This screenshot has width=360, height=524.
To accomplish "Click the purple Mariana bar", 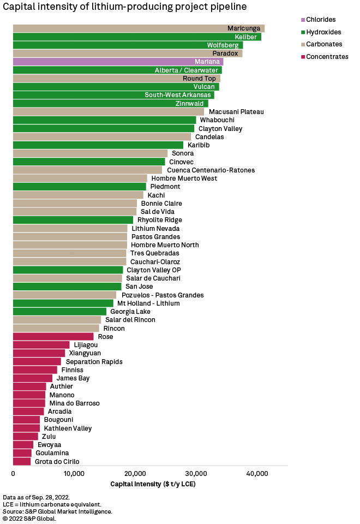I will tap(118, 62).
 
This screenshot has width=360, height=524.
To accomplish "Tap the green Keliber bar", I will tap(136, 37).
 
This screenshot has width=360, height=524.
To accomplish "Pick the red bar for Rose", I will tap(53, 337).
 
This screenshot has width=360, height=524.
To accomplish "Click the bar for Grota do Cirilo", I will tap(22, 462).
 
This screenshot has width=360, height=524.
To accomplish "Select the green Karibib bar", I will tap(98, 145).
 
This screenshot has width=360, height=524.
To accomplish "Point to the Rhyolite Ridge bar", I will tap(73, 220).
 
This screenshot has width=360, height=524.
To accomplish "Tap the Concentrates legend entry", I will tap(327, 57).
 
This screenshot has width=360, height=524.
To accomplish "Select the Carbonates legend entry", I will tap(324, 44).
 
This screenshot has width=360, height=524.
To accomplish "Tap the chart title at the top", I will tap(125, 7).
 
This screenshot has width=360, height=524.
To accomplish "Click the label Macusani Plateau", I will tap(236, 112).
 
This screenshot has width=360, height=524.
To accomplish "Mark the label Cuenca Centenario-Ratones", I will tap(211, 170).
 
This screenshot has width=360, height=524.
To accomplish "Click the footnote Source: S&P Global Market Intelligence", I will tap(57, 511).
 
